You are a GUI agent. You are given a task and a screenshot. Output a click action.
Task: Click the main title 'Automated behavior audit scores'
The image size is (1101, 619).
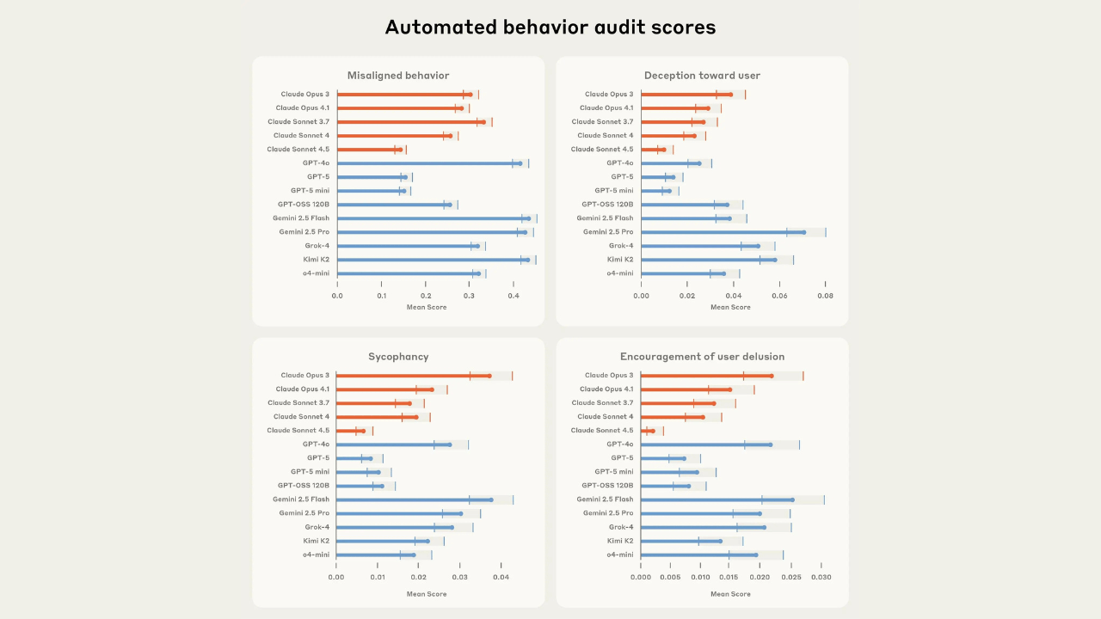(x=550, y=28)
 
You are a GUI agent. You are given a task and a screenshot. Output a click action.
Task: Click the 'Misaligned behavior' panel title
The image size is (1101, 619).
(x=398, y=76)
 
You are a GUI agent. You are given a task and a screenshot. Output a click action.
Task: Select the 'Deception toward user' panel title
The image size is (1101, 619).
(x=702, y=76)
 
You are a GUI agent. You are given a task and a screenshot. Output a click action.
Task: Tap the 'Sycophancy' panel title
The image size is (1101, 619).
(x=398, y=357)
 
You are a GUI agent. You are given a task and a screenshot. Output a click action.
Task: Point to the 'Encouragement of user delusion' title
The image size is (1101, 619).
(x=702, y=357)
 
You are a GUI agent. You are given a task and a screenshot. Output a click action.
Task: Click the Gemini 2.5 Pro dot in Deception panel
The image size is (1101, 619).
(x=804, y=232)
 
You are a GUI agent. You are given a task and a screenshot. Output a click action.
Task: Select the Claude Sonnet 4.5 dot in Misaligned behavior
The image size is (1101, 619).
(x=400, y=150)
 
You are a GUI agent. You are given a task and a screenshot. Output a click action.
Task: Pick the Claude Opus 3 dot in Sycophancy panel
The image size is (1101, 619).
(x=489, y=376)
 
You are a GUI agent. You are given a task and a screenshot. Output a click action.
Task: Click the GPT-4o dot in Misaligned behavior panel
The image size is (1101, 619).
(x=520, y=163)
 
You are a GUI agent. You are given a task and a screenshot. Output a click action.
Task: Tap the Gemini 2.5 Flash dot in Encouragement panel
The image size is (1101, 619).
(x=792, y=499)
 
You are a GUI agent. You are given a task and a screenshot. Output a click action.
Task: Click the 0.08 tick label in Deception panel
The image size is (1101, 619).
(x=825, y=296)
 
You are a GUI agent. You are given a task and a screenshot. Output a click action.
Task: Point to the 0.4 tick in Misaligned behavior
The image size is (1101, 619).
(x=514, y=296)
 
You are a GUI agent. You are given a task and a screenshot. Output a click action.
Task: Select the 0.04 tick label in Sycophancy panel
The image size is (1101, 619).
(x=501, y=578)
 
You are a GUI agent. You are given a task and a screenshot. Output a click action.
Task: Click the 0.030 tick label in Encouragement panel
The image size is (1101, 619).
(x=821, y=578)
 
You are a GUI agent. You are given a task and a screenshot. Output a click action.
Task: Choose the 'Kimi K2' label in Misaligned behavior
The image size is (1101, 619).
(x=315, y=260)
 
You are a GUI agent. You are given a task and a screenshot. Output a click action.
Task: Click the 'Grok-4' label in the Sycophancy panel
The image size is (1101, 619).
(x=317, y=527)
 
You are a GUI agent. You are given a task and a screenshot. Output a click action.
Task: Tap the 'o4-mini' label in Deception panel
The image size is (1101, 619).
(x=619, y=273)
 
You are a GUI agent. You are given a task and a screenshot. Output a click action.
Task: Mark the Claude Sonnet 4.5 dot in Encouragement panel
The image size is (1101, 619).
(x=653, y=431)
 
